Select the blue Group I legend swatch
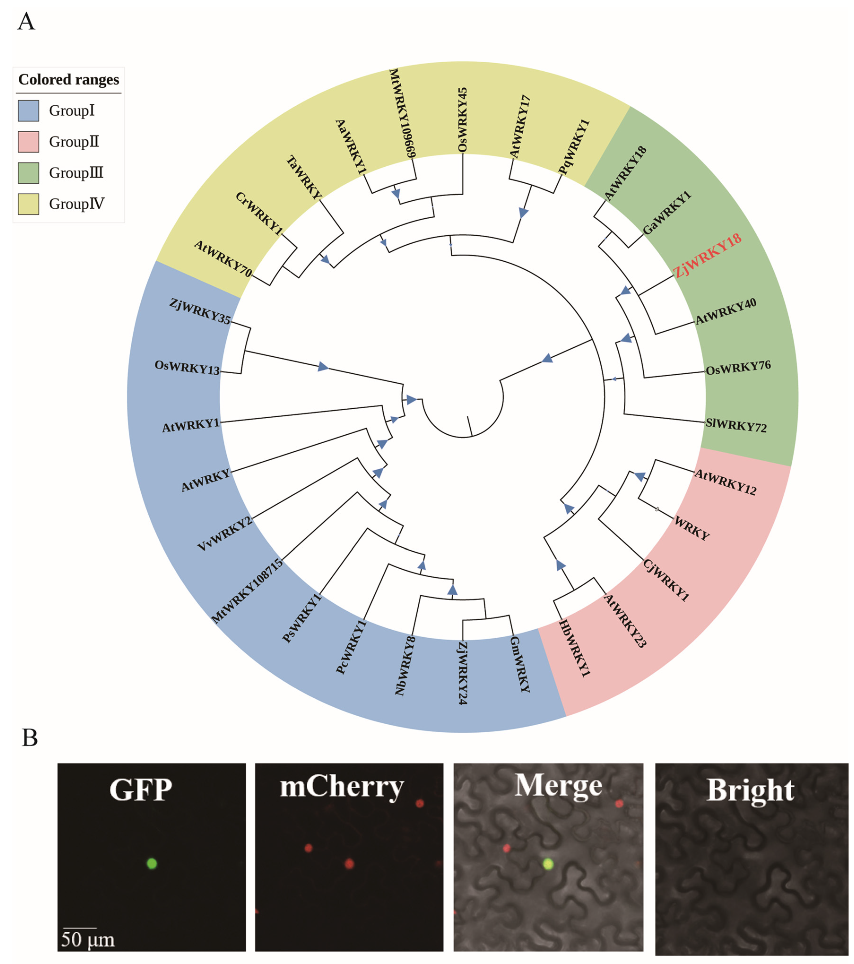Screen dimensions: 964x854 (28, 111)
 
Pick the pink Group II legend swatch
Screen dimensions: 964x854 (28, 142)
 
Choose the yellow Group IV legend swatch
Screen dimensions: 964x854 (28, 204)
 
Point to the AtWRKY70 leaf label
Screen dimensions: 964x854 (223, 258)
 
